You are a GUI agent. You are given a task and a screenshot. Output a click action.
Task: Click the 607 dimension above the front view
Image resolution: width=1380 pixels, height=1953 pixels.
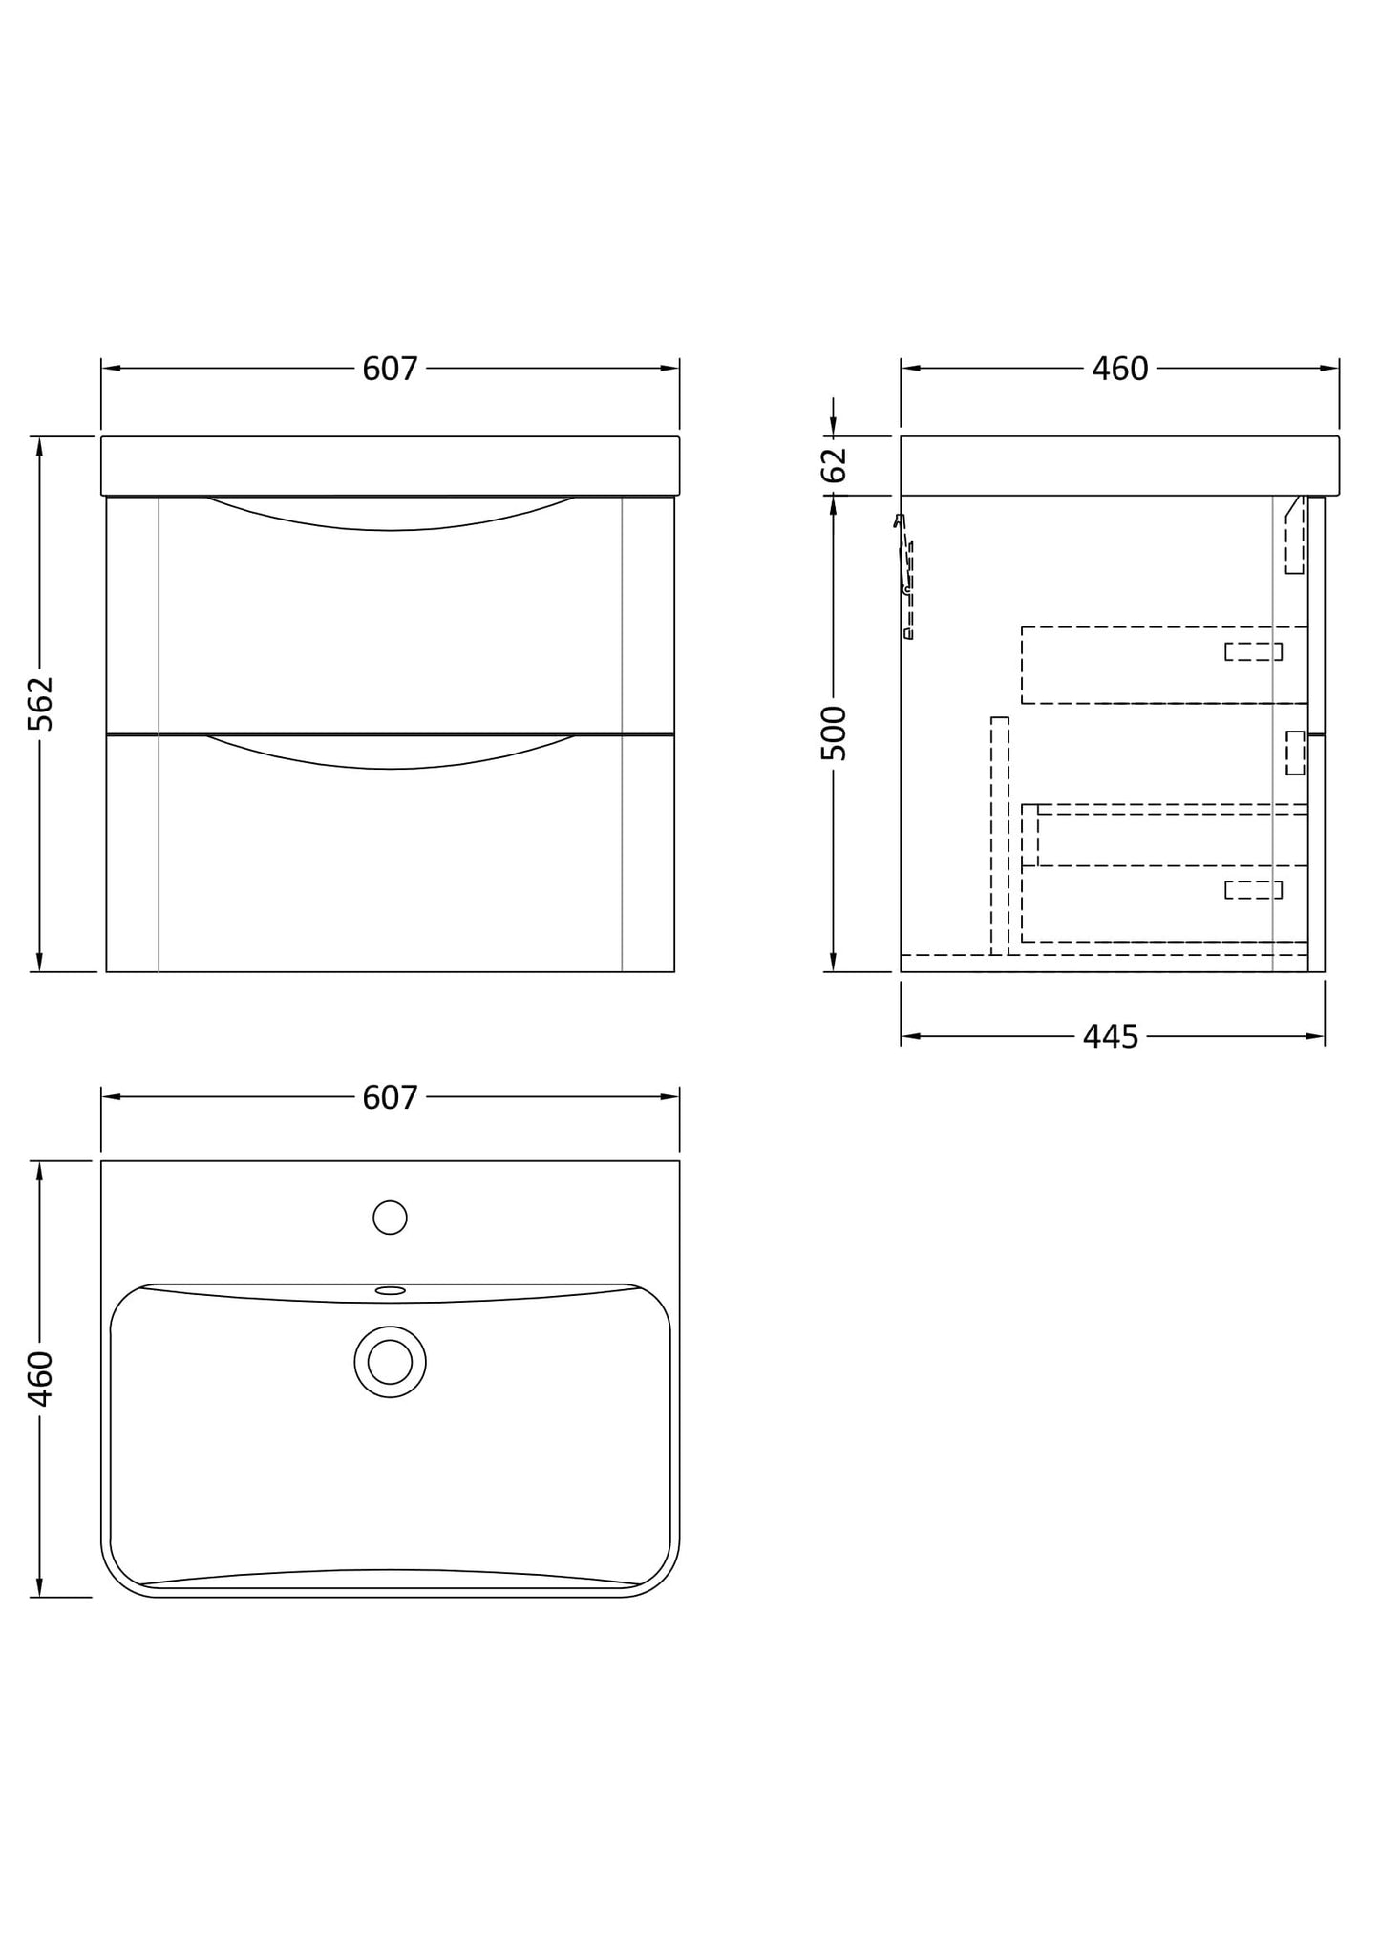point(390,369)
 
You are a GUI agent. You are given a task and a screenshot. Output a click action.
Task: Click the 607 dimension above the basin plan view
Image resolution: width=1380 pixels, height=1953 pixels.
point(390,1097)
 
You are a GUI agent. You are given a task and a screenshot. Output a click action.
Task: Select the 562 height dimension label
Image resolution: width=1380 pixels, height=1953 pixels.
point(40,704)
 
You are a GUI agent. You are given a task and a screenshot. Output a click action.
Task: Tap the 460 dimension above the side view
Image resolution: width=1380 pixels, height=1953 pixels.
point(1119,369)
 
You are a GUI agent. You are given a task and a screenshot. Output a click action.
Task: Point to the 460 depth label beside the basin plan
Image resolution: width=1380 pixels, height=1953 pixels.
point(40,1378)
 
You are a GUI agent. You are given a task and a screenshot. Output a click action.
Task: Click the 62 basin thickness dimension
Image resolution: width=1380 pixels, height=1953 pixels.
point(834,465)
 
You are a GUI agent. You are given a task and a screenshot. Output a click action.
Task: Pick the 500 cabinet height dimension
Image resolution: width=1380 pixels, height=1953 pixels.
point(834,732)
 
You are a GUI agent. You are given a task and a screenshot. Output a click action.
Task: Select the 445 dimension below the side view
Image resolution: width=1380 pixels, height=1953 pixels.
point(1111,1036)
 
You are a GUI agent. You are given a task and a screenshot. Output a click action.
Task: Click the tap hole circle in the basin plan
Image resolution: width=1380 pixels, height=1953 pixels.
point(390,1218)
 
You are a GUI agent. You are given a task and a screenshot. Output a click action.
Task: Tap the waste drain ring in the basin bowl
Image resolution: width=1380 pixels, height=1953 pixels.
point(390,1362)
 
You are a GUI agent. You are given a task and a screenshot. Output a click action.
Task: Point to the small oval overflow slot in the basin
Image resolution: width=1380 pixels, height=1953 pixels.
point(390,1290)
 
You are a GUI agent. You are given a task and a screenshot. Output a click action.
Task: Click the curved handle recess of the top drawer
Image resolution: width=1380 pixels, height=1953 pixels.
point(390,516)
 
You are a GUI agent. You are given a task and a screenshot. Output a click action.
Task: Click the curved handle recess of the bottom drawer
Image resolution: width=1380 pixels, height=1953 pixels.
point(390,754)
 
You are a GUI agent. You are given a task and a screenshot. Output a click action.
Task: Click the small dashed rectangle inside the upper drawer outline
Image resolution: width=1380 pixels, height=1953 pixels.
point(1253,651)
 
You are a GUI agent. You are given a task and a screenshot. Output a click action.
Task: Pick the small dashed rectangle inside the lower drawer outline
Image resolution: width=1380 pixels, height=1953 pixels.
point(1253,890)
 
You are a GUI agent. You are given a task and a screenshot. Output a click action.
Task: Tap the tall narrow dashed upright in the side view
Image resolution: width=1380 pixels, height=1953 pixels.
point(999,836)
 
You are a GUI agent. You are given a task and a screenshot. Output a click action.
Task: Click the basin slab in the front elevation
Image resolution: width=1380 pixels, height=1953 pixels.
point(390,465)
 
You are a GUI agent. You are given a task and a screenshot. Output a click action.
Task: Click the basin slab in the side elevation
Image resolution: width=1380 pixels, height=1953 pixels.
point(1119,465)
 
